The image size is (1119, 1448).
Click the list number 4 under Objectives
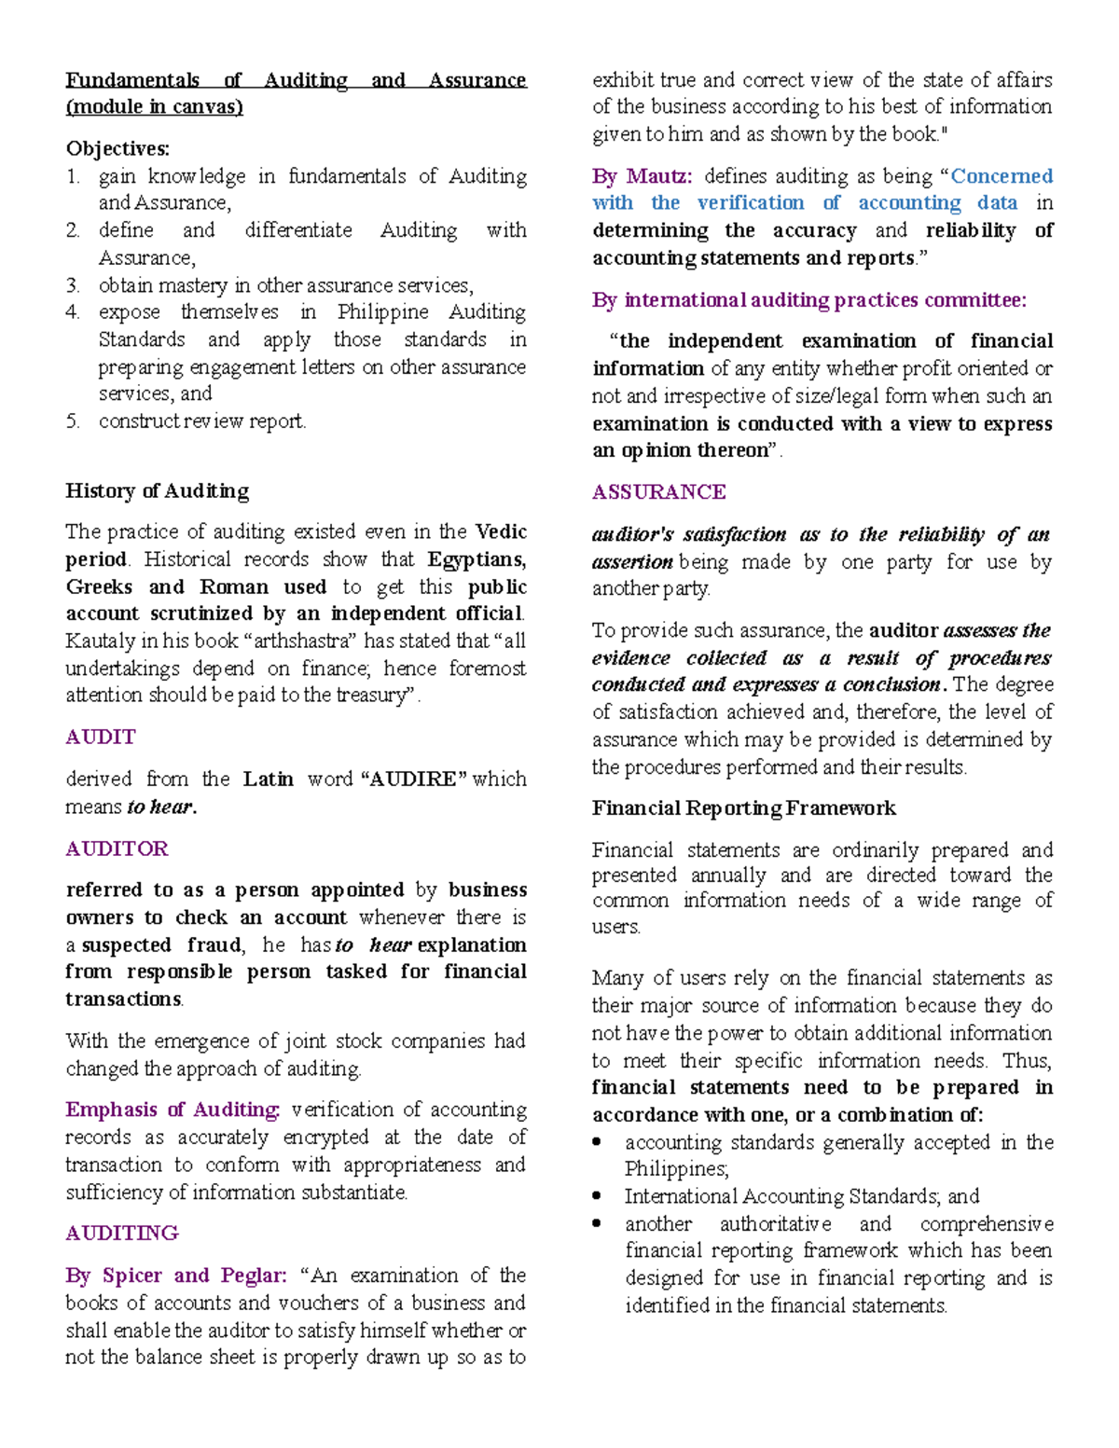73,312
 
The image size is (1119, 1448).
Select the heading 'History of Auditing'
157,491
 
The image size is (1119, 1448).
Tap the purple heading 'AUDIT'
100,738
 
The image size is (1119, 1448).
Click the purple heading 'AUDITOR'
117,849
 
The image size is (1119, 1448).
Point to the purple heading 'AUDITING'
121,1234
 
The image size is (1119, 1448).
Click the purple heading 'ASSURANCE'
658,492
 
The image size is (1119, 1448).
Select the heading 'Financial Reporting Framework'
743,808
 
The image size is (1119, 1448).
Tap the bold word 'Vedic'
501,532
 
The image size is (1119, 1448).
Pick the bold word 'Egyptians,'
477,559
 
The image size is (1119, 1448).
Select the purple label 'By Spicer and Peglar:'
176,1276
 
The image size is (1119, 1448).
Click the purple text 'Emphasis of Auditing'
172,1110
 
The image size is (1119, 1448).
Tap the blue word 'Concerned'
1002,176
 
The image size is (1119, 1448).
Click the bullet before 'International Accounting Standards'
597,1196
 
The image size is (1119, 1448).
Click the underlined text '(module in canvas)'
154,107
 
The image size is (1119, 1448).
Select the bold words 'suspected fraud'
163,945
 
